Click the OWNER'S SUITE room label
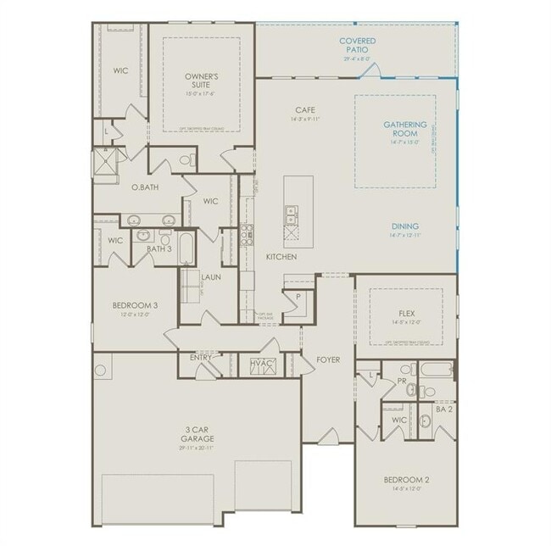[202, 81]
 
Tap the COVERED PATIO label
[358, 45]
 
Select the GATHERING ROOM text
[405, 130]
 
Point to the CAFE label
[306, 110]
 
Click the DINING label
[405, 226]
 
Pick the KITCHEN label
[281, 256]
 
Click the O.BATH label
[145, 187]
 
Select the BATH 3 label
[159, 249]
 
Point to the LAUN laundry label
[211, 276]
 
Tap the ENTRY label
[201, 358]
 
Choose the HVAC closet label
[261, 364]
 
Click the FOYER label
[328, 360]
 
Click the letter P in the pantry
[298, 297]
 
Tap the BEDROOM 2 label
[406, 480]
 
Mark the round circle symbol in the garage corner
[102, 370]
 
